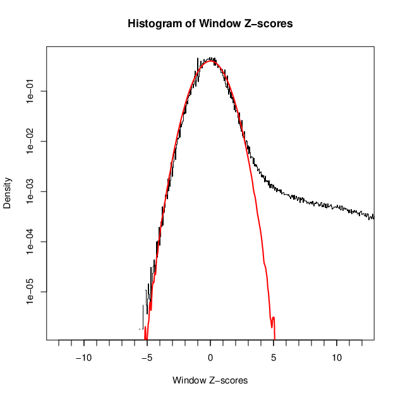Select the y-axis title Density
click(8, 193)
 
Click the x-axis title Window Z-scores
click(210, 381)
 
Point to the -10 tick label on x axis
click(83, 357)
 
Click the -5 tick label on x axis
click(147, 357)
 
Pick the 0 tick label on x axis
click(210, 357)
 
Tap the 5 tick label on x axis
click(274, 357)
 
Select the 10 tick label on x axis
click(337, 357)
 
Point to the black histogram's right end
click(373, 218)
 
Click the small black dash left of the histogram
click(140, 329)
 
